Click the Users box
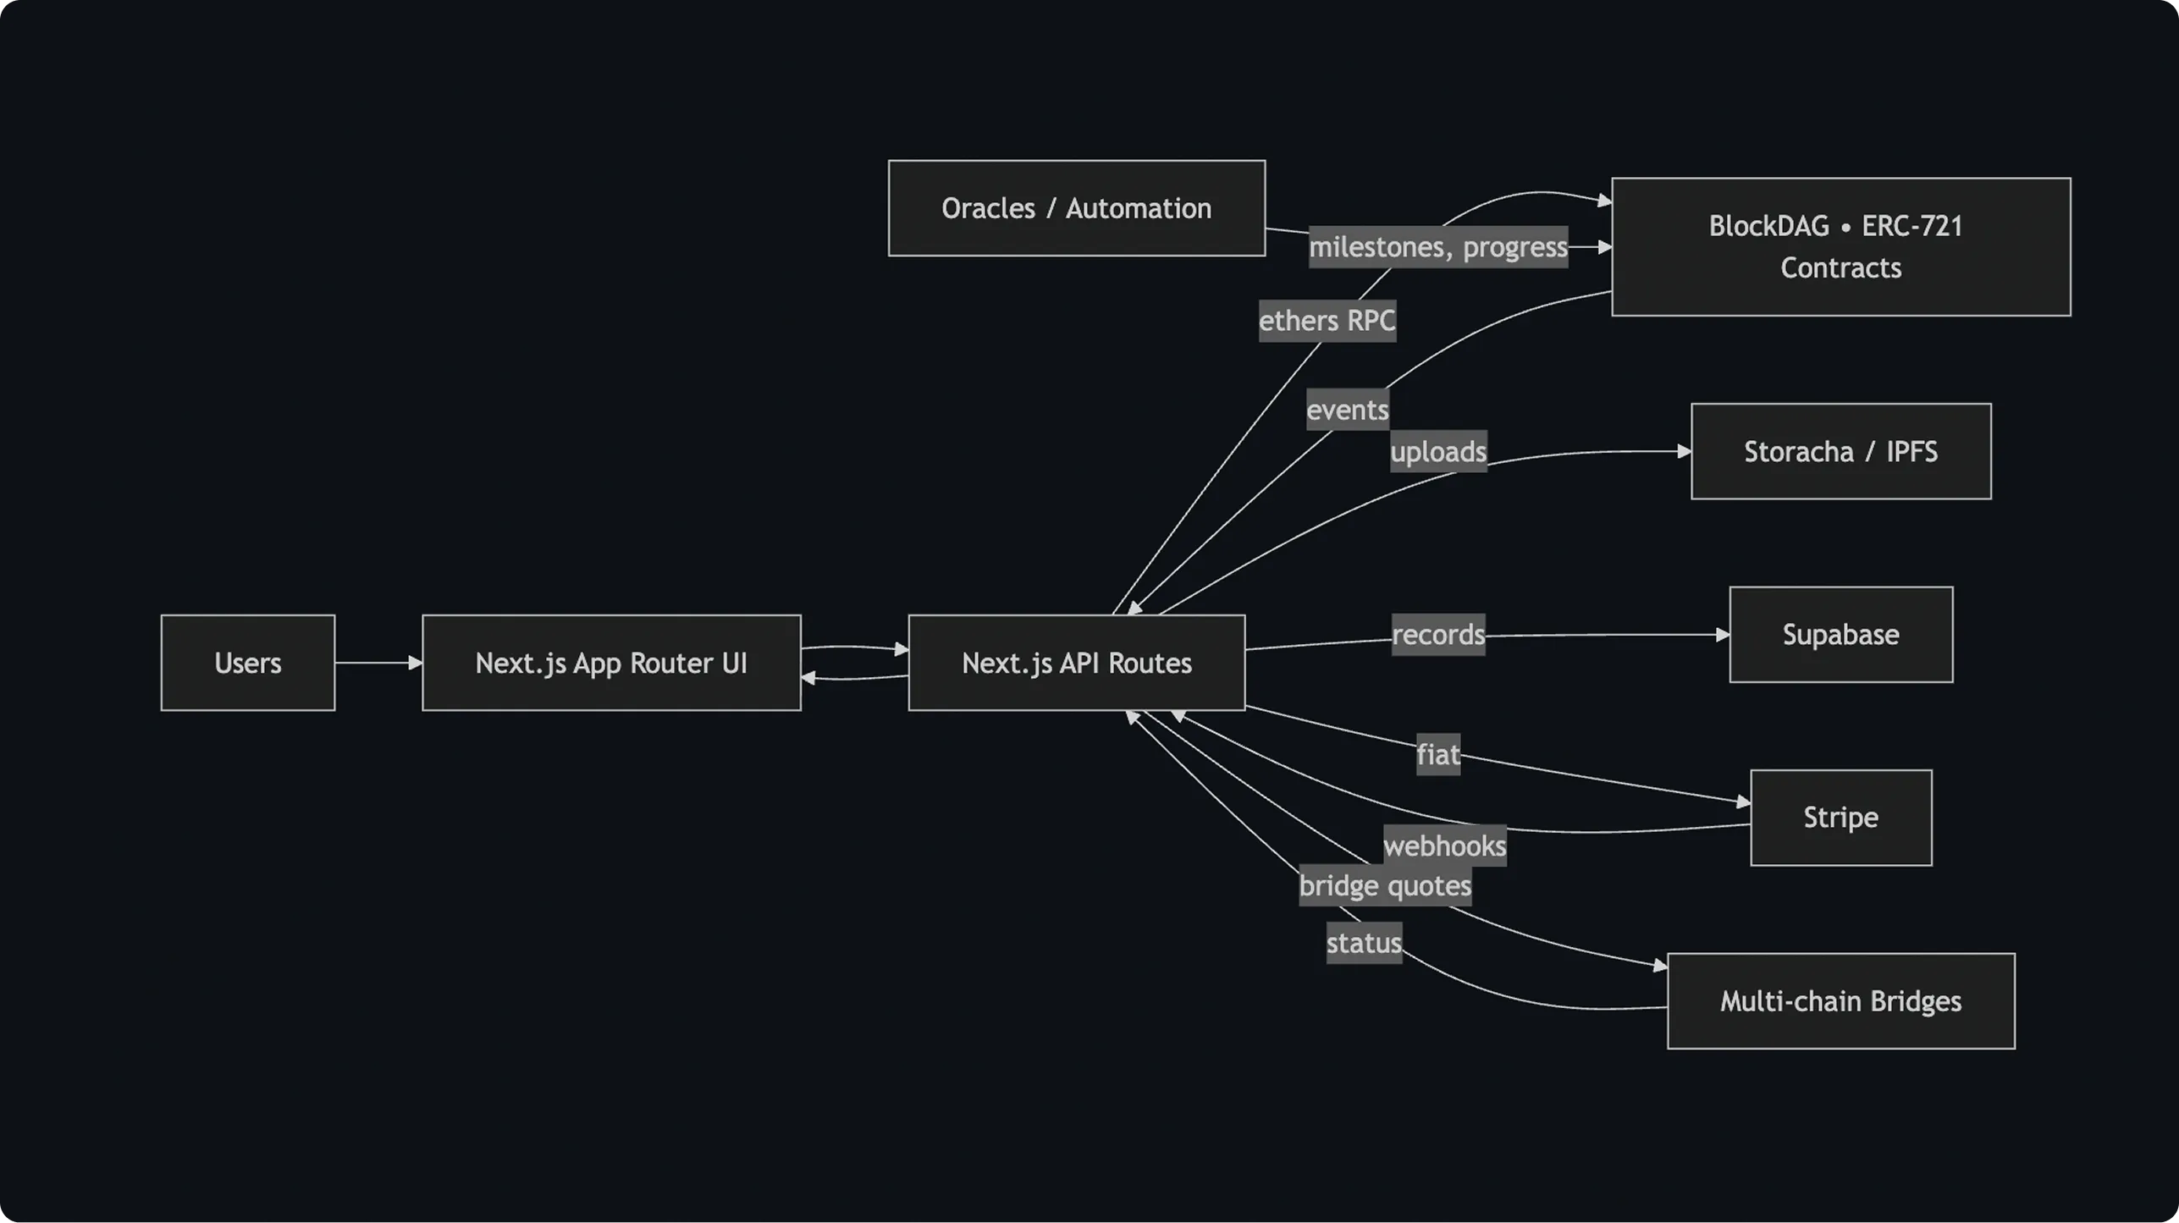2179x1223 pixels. [247, 663]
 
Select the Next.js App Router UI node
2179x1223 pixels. [611, 663]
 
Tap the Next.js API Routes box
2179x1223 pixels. [1076, 663]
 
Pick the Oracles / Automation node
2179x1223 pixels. [1076, 208]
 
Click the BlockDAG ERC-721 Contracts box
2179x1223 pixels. [1840, 246]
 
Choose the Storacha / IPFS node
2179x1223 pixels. [1840, 451]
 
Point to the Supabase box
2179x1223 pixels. [1840, 635]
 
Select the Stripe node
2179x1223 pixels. [1840, 818]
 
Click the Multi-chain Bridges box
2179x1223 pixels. [1840, 1001]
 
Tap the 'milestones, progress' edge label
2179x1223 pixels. [1437, 247]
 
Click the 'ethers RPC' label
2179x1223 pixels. [1327, 321]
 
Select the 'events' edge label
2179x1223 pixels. [1347, 410]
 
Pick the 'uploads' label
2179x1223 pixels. [1437, 451]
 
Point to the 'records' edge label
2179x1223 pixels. [1437, 635]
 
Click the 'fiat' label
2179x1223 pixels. [1437, 754]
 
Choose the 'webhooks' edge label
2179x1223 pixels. [1444, 846]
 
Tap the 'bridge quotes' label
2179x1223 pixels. [1385, 885]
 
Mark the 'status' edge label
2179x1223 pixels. [1363, 943]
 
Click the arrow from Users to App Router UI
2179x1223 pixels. [378, 663]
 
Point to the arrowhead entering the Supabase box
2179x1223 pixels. [1722, 634]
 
